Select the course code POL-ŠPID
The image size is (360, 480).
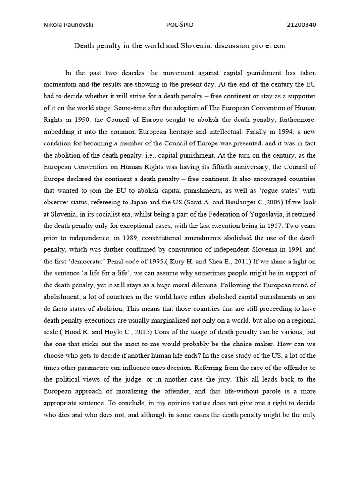[180, 25]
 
